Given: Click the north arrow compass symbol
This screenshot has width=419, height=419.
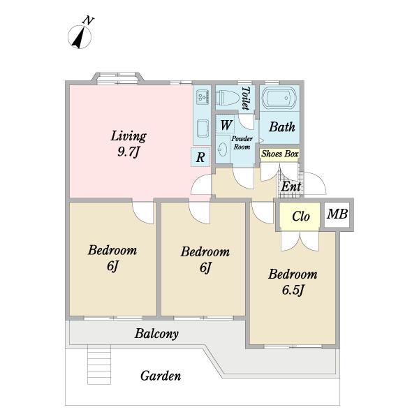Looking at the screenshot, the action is tap(80, 37).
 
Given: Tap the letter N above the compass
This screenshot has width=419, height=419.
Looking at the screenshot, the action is tap(89, 20).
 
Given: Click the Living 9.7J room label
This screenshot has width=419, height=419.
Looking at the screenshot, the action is tap(128, 144).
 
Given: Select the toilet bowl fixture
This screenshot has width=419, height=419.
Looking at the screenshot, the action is tap(228, 98).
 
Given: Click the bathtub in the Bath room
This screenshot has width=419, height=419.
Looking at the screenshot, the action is tap(279, 98).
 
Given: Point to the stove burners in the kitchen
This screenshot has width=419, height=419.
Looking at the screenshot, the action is tap(203, 97).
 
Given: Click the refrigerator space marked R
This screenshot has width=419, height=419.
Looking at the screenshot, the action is tap(200, 157).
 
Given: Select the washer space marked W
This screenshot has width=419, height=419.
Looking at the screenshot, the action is tap(226, 125).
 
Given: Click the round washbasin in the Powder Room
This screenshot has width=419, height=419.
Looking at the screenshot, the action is tap(223, 149).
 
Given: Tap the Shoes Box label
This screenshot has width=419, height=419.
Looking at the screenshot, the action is tap(279, 154).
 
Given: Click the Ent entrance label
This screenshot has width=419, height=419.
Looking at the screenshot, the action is tap(291, 186).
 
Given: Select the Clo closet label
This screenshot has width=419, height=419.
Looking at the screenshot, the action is tap(301, 216).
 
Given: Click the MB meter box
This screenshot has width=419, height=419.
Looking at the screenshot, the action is tap(337, 214).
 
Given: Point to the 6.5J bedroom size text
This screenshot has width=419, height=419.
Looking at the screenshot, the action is tap(293, 291).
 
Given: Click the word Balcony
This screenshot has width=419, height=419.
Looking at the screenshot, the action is tap(156, 334).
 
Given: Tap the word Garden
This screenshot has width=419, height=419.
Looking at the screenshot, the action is tap(161, 376).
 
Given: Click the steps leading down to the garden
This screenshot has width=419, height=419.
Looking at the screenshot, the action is tap(99, 365).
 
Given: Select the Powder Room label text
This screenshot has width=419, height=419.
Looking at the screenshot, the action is tap(242, 142).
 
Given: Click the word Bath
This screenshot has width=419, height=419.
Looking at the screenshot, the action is tap(282, 126).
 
